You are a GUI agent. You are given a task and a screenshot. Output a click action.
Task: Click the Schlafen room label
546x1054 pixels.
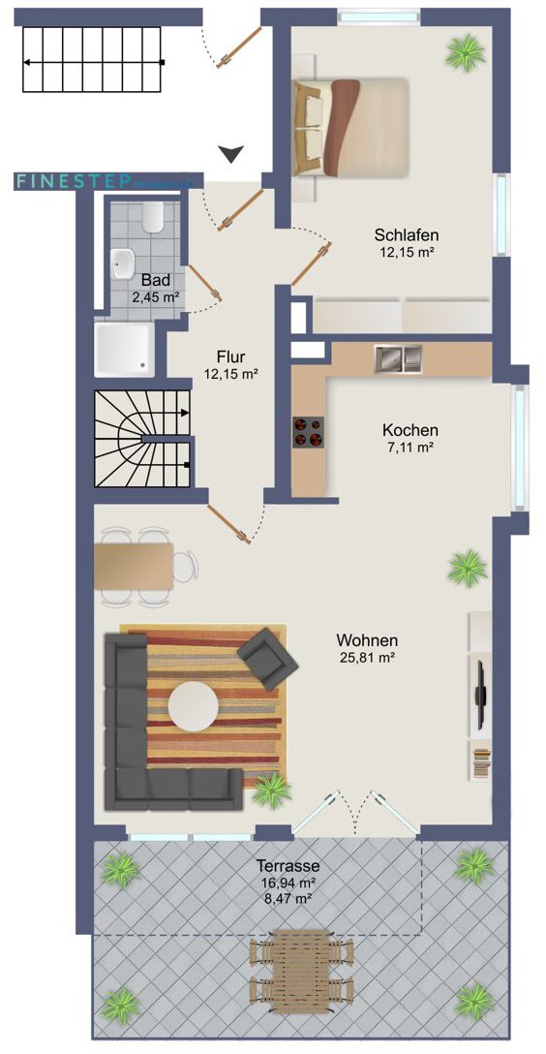point(408,234)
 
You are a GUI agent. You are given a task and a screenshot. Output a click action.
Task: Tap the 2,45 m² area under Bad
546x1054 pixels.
point(155,297)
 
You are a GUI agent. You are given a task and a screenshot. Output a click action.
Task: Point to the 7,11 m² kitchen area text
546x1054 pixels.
point(409,447)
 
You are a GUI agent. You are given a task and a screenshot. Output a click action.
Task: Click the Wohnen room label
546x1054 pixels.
point(367,639)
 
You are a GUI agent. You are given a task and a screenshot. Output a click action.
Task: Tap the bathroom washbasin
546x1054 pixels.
point(123,262)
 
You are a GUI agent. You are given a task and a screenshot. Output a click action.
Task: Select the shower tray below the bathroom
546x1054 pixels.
point(123,348)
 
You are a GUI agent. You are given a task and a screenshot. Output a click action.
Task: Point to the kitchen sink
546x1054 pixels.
point(399,359)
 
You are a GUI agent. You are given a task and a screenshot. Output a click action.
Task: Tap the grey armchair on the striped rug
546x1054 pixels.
point(268,654)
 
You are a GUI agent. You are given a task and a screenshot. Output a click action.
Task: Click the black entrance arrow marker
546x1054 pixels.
point(230,153)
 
